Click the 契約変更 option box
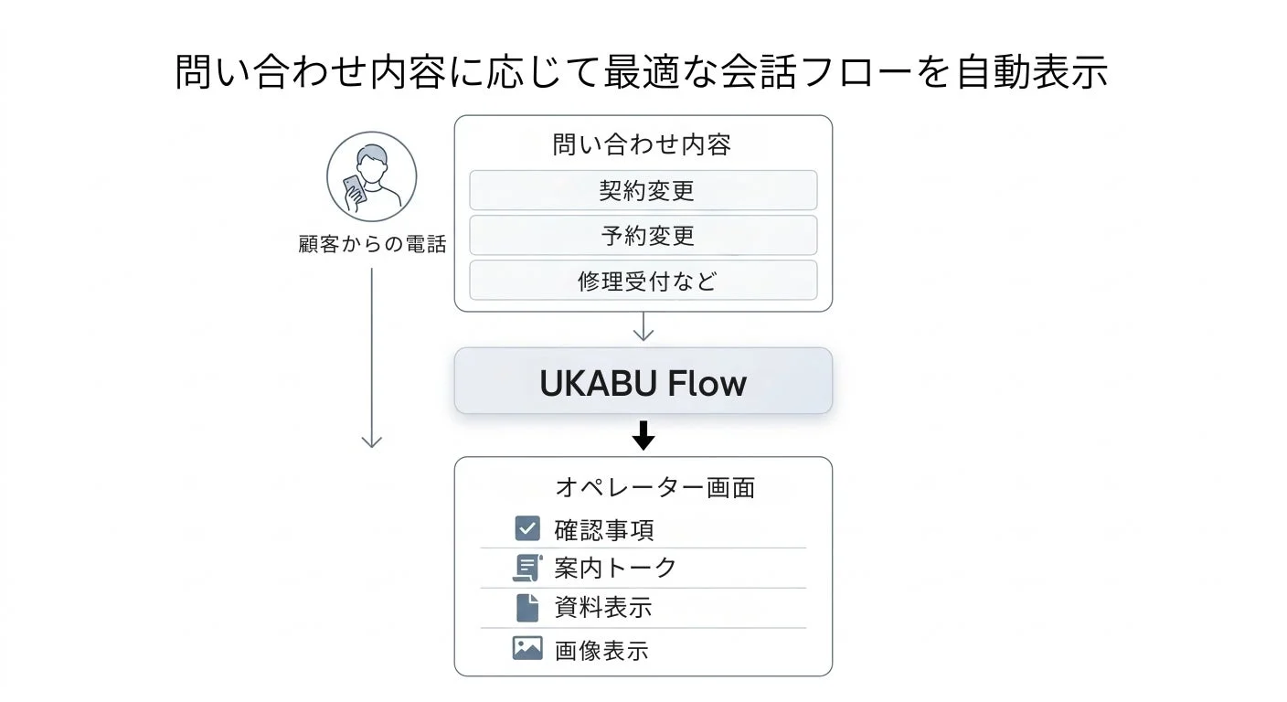tap(643, 190)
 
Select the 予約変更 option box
tap(643, 236)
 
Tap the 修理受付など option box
tap(643, 281)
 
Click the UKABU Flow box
tap(643, 382)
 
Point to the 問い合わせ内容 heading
tap(642, 145)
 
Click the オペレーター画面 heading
tap(654, 487)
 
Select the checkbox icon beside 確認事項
tap(527, 528)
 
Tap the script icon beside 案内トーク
tap(527, 568)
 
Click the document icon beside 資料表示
tap(527, 608)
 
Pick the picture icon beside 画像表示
tap(527, 648)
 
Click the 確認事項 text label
tap(603, 530)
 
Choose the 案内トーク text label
tap(615, 568)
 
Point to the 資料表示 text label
tap(603, 608)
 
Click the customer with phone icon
tap(371, 177)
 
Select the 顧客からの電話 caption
tap(372, 245)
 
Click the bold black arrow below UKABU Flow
tap(643, 435)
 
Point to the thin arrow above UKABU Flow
tap(643, 327)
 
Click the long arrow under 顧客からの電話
tap(371, 356)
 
